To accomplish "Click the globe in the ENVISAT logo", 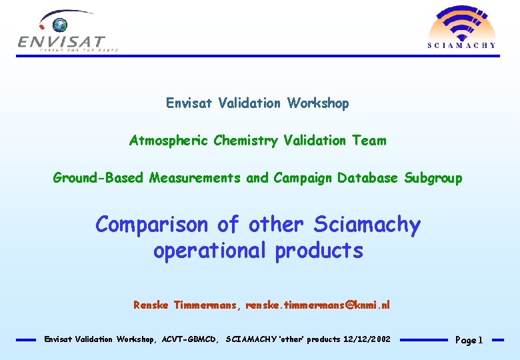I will (x=61, y=25).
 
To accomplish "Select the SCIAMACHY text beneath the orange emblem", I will (x=461, y=45).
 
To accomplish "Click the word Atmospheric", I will (x=169, y=141).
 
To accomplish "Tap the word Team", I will (x=370, y=141).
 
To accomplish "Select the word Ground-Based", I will (x=99, y=178).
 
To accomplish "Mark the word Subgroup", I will (x=433, y=178).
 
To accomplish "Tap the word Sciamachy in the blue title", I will (x=367, y=225).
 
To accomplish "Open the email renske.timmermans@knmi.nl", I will (x=317, y=305).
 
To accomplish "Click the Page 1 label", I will (x=469, y=340).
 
